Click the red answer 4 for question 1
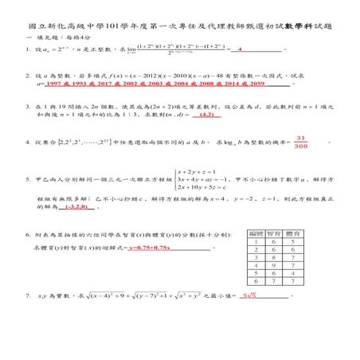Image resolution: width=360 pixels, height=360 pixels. (x=240, y=49)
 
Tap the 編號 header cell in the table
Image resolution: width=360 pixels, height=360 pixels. (x=256, y=232)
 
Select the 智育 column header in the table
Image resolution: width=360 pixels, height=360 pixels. (x=275, y=232)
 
